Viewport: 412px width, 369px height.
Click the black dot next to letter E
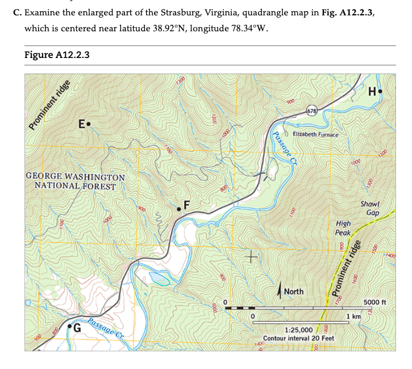(x=88, y=123)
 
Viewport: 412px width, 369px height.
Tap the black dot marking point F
(x=179, y=209)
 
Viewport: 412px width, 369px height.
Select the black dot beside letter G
(x=70, y=327)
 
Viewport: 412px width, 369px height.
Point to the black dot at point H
(x=381, y=90)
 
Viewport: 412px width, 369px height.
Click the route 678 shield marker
(x=313, y=110)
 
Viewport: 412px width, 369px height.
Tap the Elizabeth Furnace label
(x=315, y=134)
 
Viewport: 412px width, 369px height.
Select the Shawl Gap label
(x=370, y=208)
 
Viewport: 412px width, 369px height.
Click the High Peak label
(x=343, y=228)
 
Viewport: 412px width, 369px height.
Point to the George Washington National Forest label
(x=75, y=181)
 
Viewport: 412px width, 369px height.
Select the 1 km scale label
(x=355, y=316)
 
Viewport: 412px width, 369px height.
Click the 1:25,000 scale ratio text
(x=298, y=330)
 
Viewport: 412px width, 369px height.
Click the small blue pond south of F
(x=159, y=278)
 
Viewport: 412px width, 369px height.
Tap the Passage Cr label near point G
(x=107, y=330)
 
